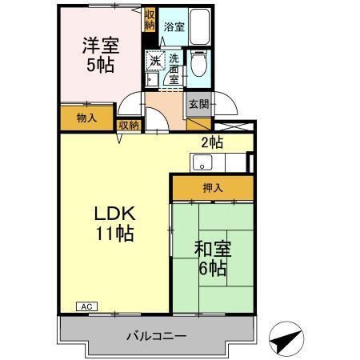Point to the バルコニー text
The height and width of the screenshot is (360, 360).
[x=156, y=336]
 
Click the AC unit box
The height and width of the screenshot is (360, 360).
[x=86, y=306]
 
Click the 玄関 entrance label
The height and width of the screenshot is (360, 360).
[x=198, y=105]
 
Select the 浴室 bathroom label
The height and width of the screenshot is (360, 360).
[x=173, y=26]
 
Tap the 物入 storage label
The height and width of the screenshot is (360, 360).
[x=86, y=118]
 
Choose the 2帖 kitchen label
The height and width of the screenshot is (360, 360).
[x=210, y=143]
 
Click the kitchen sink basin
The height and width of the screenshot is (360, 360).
[x=202, y=165]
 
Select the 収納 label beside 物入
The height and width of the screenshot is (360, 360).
[x=128, y=124]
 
